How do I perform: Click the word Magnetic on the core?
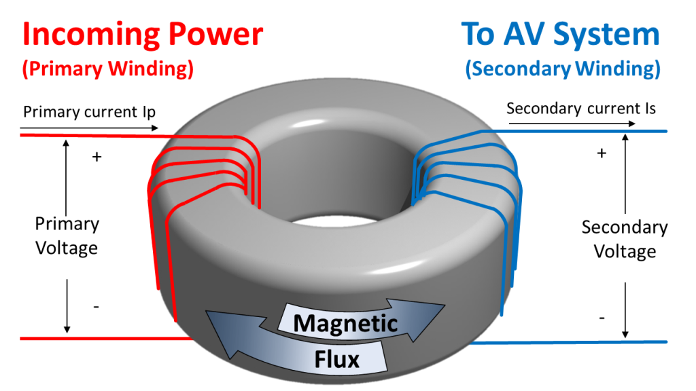(345, 322)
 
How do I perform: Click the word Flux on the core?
(336, 358)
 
